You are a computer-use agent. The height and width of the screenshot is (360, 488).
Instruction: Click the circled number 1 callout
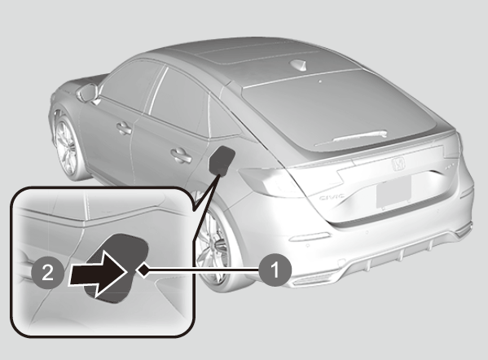[x=275, y=270]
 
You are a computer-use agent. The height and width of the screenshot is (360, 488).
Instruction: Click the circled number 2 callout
[x=47, y=273]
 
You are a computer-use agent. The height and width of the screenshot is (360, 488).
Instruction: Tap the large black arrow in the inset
[x=98, y=273]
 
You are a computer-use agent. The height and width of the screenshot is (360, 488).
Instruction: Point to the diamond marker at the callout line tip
[x=143, y=269]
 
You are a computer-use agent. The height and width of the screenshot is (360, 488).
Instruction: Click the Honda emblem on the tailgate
[x=398, y=164]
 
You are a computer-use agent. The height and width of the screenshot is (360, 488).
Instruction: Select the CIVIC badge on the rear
[x=332, y=197]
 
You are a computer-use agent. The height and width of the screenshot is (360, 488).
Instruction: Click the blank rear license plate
[x=393, y=191]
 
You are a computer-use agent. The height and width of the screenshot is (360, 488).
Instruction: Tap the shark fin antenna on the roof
[x=298, y=64]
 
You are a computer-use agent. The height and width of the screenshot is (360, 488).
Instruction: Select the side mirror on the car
[x=88, y=92]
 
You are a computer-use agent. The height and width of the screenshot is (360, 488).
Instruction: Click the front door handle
[x=124, y=128]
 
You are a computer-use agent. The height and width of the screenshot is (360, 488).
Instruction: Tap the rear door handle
[x=181, y=155]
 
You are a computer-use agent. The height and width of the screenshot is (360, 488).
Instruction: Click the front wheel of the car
[x=66, y=147]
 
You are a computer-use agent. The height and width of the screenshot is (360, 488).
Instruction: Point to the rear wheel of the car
[x=215, y=246]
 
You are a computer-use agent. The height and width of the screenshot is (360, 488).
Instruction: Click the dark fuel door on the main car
[x=222, y=160]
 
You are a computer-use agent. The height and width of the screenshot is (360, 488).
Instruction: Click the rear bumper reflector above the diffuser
[x=310, y=237]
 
